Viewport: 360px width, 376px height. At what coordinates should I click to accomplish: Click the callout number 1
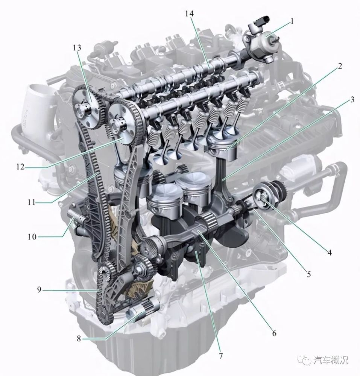click(x=292, y=21)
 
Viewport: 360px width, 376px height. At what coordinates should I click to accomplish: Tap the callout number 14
click(x=189, y=14)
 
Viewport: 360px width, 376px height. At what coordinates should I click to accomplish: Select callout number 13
click(x=77, y=48)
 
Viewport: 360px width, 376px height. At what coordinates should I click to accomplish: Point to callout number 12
click(x=21, y=167)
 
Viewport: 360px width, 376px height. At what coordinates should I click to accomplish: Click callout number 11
click(x=31, y=203)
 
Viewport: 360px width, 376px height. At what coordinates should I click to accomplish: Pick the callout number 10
click(x=32, y=237)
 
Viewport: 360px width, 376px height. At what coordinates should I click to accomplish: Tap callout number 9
click(x=39, y=290)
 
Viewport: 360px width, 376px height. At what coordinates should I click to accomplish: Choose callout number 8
click(x=79, y=339)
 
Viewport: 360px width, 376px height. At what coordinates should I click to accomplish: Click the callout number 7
click(x=220, y=356)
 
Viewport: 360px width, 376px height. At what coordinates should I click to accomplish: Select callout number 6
click(x=274, y=333)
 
